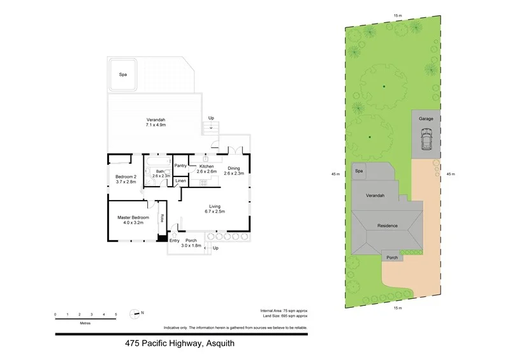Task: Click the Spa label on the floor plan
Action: coord(122,75)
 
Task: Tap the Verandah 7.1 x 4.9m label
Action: coord(156,123)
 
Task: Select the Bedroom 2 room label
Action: coord(126,179)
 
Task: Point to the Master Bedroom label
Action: coord(133,220)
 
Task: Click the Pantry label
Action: coord(180,166)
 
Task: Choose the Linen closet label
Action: coord(180,182)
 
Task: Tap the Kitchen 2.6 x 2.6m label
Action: coord(207,169)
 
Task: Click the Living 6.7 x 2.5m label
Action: coord(215,208)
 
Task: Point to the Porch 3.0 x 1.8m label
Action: coord(191,243)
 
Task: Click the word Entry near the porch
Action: coord(175,240)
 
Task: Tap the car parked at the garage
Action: coord(425,140)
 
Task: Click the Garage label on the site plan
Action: coord(426,119)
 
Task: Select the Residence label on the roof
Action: coord(388,226)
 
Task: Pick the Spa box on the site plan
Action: coord(359,171)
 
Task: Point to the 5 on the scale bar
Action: coord(116,315)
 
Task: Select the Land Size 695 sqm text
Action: coord(284,316)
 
